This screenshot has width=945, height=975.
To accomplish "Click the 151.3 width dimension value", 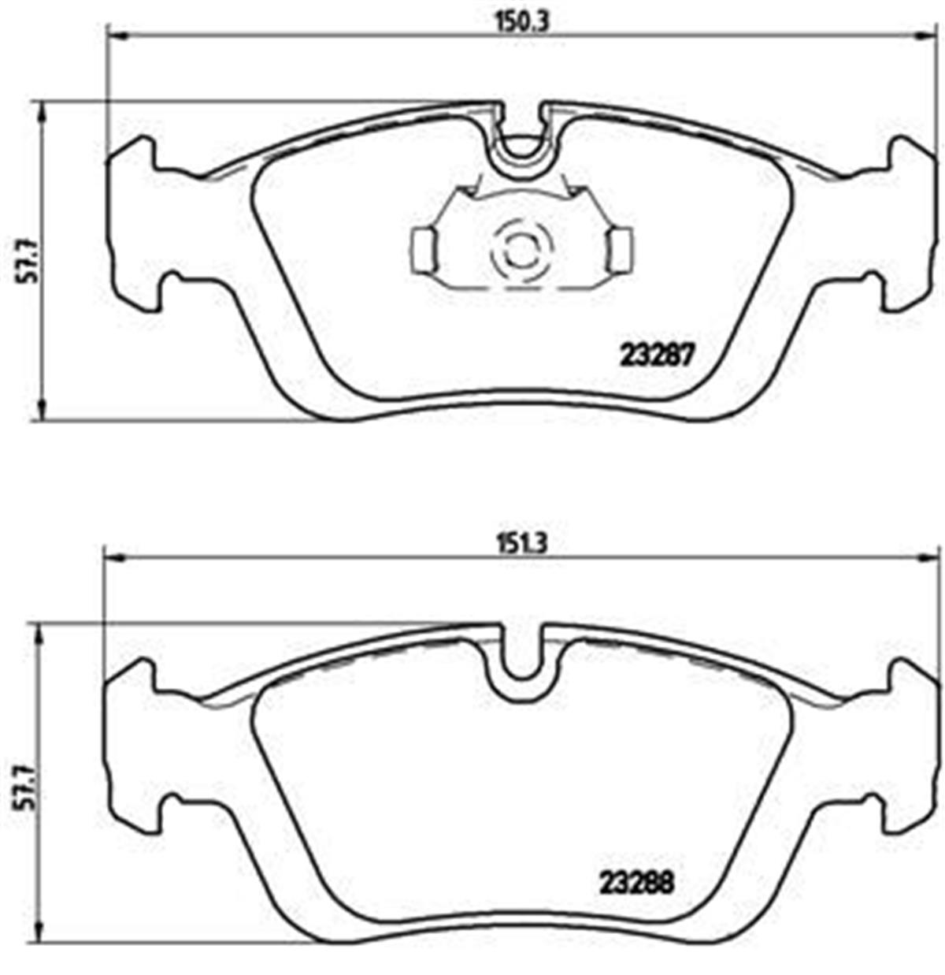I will click(520, 544).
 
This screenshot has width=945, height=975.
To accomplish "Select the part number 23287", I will click(656, 356).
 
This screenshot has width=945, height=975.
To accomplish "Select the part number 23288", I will click(636, 882).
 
